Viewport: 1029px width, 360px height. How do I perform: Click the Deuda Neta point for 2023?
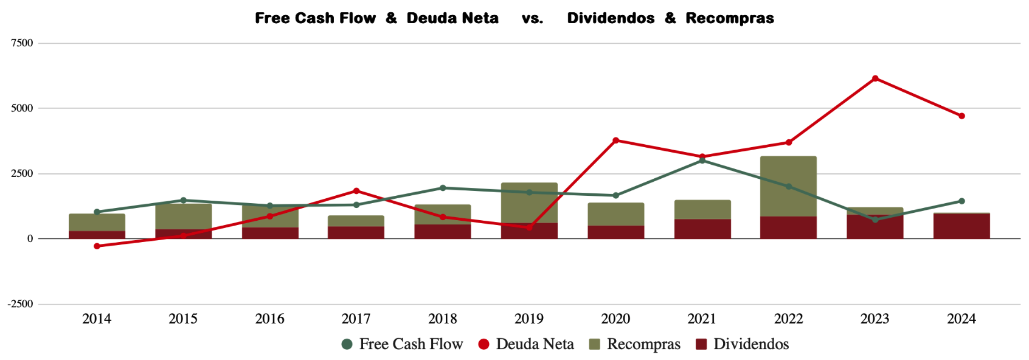(x=875, y=78)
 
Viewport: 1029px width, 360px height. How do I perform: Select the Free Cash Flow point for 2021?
(x=702, y=161)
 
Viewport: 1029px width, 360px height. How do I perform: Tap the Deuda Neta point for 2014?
(x=97, y=246)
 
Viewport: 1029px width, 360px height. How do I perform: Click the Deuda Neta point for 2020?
(x=616, y=140)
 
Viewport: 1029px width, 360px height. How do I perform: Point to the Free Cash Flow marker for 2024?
(x=961, y=201)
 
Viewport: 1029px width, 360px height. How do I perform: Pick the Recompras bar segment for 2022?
(x=789, y=186)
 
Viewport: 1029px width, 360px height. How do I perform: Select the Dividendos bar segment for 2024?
(x=961, y=226)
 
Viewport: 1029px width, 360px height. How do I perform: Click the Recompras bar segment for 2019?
(x=529, y=202)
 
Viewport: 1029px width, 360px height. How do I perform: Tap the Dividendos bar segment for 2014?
(x=97, y=235)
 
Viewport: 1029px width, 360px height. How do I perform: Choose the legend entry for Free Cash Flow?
(x=403, y=344)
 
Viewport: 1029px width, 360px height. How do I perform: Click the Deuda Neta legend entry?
(x=526, y=344)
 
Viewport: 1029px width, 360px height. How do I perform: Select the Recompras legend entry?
(x=635, y=344)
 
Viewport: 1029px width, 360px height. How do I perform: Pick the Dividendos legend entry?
(x=743, y=344)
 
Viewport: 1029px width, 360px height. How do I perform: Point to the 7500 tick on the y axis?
(x=22, y=43)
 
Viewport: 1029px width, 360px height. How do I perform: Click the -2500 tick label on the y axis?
(x=21, y=304)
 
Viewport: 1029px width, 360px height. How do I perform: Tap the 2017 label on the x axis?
(x=356, y=319)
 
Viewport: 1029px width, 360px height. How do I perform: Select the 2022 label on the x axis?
(x=789, y=319)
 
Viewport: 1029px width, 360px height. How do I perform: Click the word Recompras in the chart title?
(x=730, y=18)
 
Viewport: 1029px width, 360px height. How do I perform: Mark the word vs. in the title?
(x=532, y=18)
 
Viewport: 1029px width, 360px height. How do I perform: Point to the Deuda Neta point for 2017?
(x=356, y=191)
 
